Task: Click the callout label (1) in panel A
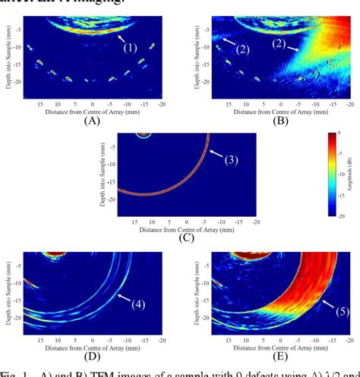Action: (130, 47)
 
